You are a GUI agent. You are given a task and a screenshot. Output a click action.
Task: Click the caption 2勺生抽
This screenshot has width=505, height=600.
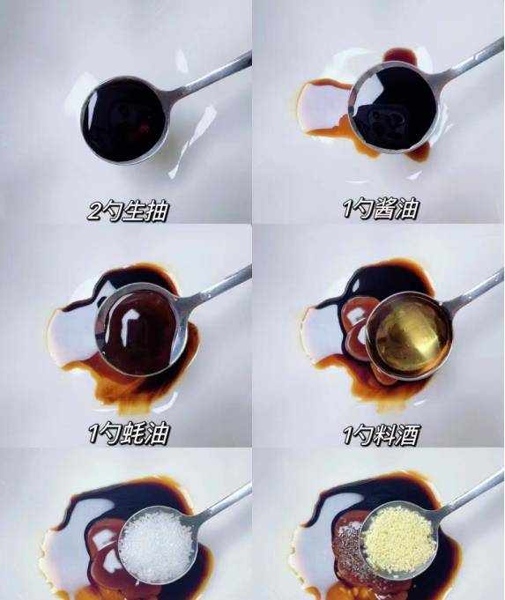(x=128, y=210)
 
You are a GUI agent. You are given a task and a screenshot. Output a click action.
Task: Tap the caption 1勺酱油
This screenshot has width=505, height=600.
(x=381, y=208)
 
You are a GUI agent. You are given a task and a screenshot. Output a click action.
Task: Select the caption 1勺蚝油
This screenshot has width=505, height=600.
(x=129, y=433)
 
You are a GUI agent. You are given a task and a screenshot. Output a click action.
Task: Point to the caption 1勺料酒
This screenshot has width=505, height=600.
(x=381, y=434)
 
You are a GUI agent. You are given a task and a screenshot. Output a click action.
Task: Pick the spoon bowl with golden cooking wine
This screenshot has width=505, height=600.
(x=409, y=335)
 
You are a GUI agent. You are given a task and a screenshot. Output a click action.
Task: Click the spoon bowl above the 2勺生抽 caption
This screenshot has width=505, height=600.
(x=124, y=120)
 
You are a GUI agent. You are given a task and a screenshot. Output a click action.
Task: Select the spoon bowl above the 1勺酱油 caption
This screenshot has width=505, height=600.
(x=393, y=107)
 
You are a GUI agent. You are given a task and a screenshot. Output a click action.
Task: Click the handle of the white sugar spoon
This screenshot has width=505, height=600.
(x=222, y=504)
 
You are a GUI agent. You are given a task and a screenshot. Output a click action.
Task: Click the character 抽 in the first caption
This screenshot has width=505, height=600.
(x=157, y=211)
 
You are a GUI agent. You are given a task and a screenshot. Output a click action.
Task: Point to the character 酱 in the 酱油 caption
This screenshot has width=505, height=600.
(x=384, y=209)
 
